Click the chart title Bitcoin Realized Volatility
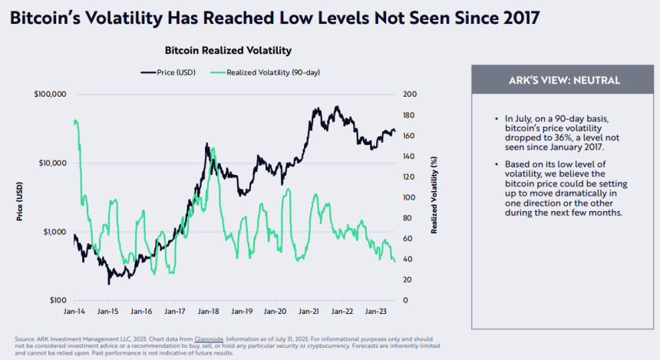point(228,51)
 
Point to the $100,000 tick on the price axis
point(51,94)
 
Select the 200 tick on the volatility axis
point(410,94)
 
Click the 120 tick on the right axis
point(410,177)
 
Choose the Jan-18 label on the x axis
point(210,312)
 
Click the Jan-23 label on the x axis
point(375,312)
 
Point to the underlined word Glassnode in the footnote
point(210,339)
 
